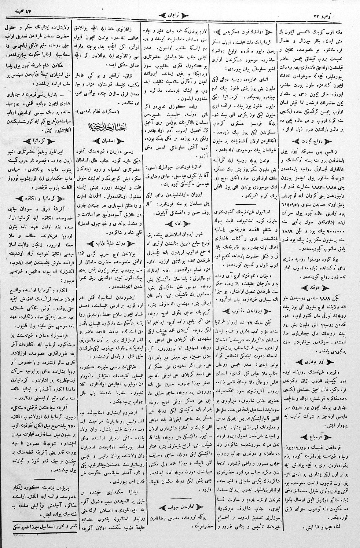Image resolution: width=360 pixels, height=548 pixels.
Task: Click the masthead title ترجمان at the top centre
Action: (x=180, y=14)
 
